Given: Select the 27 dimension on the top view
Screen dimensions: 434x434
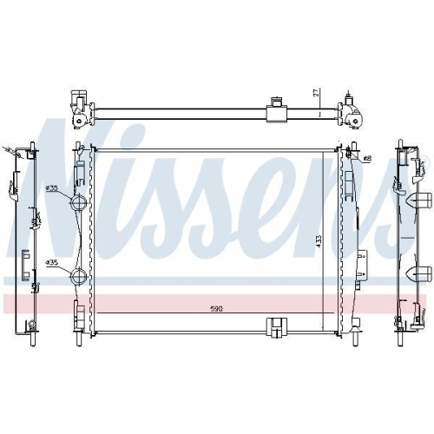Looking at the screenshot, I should tap(316, 91).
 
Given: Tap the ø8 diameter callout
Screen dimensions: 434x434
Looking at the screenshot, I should tap(367, 158).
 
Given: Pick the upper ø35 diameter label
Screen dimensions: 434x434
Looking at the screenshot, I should tap(52, 187).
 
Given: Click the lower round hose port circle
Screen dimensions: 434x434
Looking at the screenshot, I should tap(77, 278).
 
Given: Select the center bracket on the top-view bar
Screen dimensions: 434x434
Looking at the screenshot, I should tap(278, 110).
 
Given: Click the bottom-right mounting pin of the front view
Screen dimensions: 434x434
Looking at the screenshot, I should tap(357, 329).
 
